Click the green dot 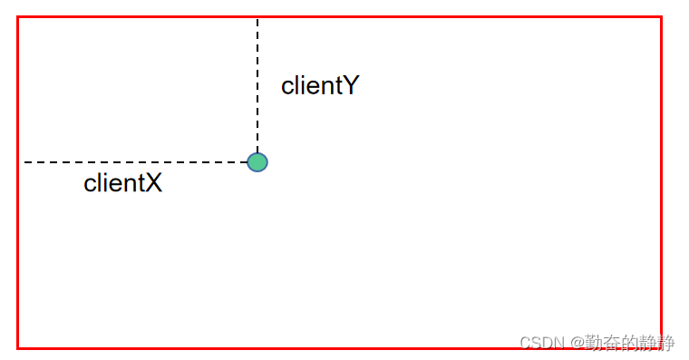coord(257,162)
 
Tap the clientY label coord(320,86)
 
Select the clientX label coord(122,183)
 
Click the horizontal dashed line coord(136,162)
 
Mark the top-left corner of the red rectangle coord(18,16)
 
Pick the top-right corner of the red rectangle coord(661,16)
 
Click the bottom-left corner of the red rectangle coord(18,347)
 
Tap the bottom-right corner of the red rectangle coord(661,347)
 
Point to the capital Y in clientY coord(351,86)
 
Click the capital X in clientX coord(153,183)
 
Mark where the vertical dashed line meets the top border coord(257,17)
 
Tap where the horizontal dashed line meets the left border coord(19,162)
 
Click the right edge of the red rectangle coord(661,181)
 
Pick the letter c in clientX coord(90,184)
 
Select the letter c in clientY coord(287,87)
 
